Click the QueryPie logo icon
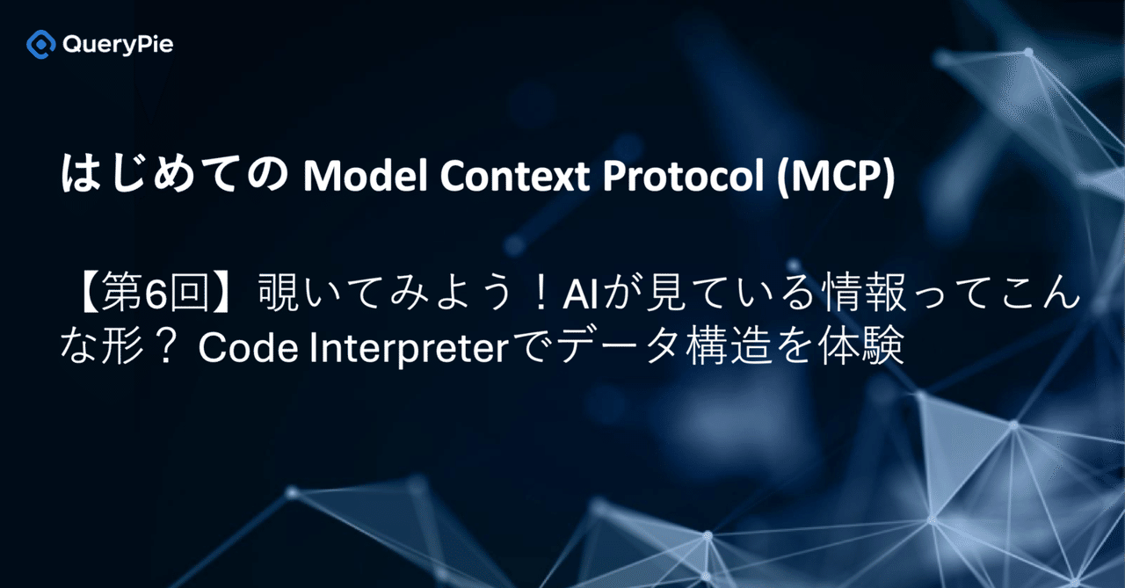(41, 44)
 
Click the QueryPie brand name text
(118, 44)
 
